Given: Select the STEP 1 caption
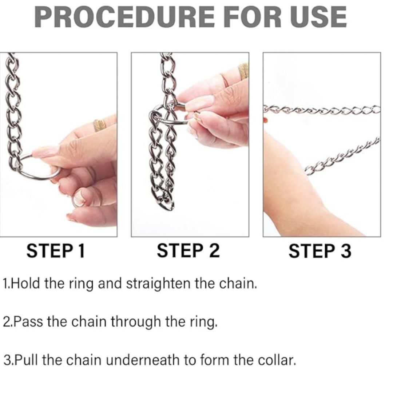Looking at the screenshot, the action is point(56,251).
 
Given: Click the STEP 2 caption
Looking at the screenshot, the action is point(188,251).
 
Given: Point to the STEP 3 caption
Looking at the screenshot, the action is point(320,251).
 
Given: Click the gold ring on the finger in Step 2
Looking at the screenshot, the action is point(243,71).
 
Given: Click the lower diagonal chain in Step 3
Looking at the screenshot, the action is point(342,156).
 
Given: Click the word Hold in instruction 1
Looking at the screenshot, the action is point(25,283).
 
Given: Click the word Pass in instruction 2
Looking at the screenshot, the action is point(28,322).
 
